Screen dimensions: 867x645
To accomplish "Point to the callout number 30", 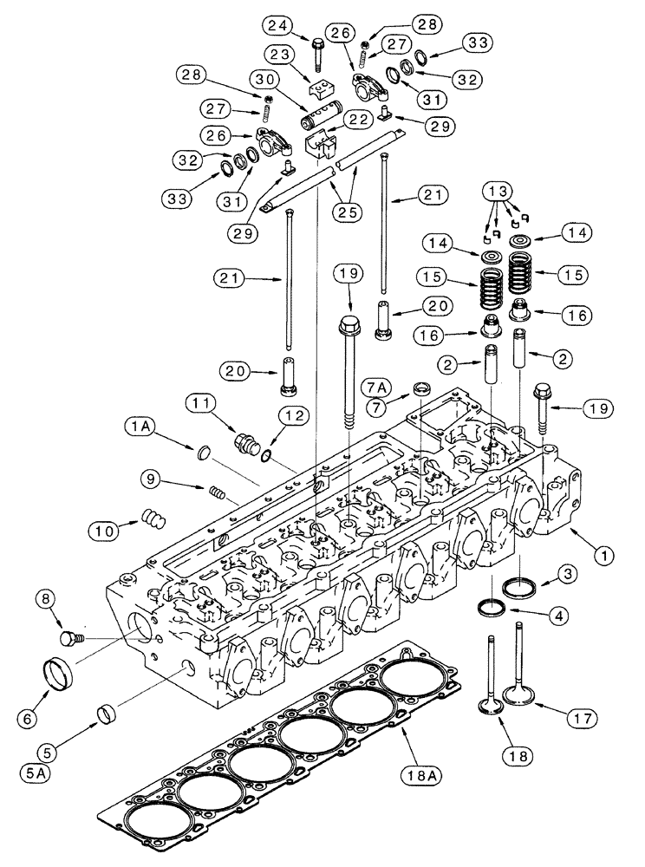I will (264, 79).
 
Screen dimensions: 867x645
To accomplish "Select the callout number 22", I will (353, 120).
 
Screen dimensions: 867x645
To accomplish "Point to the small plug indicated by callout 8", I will (67, 639).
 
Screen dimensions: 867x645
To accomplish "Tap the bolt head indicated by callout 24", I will (317, 41).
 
